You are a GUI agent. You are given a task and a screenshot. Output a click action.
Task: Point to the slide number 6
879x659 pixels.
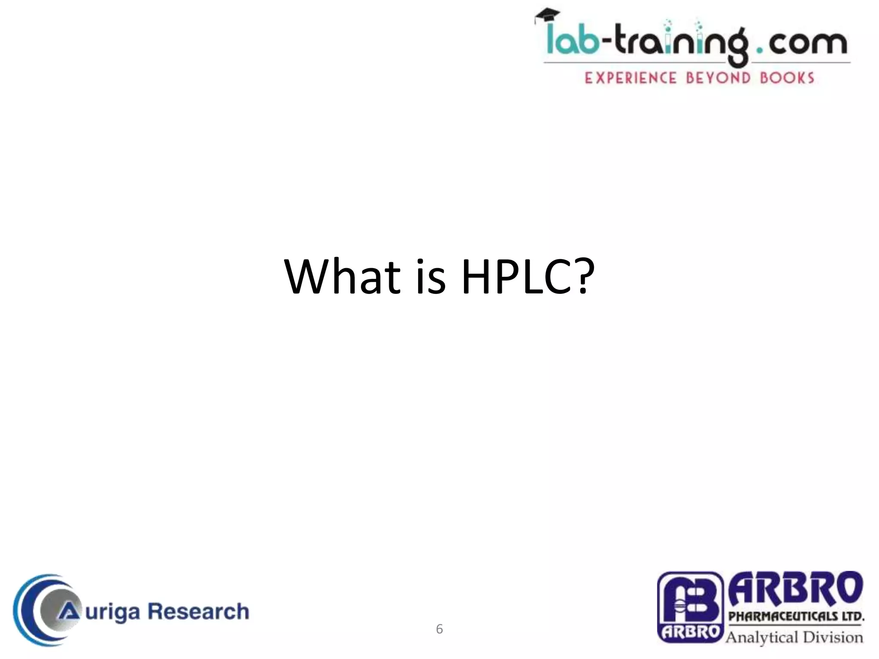tap(439, 629)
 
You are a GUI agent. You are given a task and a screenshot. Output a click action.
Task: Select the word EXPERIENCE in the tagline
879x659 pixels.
tap(630, 78)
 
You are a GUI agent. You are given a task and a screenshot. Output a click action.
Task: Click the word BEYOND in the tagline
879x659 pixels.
tap(718, 78)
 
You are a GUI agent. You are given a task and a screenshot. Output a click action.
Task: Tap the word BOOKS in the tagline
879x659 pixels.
tap(787, 78)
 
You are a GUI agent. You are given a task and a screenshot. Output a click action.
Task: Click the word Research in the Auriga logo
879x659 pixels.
tap(198, 611)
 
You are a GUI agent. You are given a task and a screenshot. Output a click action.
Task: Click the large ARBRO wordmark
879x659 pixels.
tap(795, 589)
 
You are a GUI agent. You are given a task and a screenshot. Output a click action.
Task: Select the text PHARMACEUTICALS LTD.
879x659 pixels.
tap(796, 616)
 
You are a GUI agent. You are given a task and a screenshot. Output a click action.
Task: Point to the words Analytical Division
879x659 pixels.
tap(794, 637)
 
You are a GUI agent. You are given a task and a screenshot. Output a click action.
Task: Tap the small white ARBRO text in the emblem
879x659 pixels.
tap(690, 632)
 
